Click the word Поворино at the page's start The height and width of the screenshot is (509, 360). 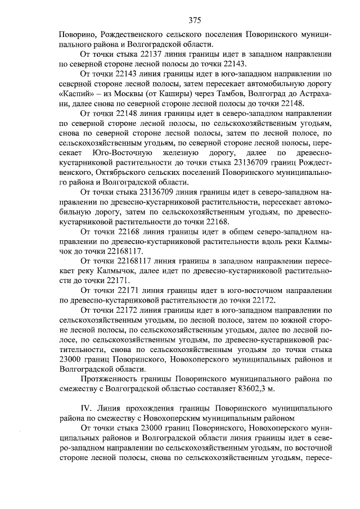pos(77,34)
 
